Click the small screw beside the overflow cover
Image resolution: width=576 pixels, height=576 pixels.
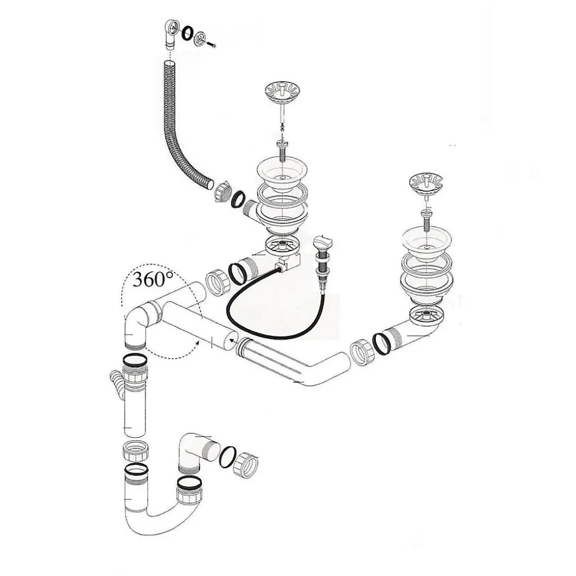click(x=210, y=44)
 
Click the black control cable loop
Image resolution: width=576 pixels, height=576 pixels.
click(x=272, y=308)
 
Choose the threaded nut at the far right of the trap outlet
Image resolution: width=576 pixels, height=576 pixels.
click(x=246, y=465)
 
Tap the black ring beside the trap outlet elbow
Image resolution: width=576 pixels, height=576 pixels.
click(x=227, y=457)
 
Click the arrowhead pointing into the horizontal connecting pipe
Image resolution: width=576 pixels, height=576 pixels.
click(x=232, y=340)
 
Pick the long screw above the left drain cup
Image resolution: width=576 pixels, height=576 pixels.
click(x=283, y=151)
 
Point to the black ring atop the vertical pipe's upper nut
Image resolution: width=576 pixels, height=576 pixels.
click(x=135, y=359)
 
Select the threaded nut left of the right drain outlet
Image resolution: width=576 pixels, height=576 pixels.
click(x=362, y=352)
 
